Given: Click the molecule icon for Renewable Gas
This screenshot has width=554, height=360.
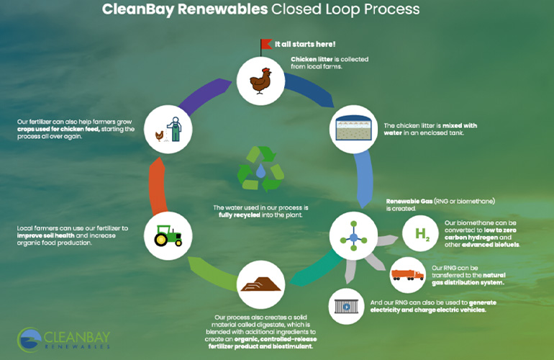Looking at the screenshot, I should [x=353, y=235].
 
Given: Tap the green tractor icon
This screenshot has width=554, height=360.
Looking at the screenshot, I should [x=166, y=235].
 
